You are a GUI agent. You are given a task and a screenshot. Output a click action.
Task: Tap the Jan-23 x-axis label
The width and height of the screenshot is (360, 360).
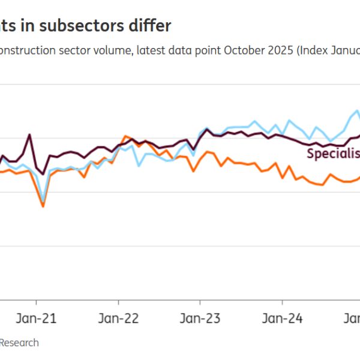coord(200,317)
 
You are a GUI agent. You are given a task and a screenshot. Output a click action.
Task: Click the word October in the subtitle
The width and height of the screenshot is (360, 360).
coord(243,50)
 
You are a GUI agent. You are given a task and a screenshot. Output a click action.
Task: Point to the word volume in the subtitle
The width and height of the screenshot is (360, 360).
coord(113,50)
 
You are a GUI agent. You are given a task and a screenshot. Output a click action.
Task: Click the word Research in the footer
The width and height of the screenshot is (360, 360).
coord(19,343)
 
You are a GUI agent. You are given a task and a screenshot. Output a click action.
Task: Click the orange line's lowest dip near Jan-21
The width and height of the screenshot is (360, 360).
coord(43,206)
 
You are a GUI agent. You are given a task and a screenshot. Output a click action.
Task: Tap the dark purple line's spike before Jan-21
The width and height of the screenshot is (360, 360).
coord(29,135)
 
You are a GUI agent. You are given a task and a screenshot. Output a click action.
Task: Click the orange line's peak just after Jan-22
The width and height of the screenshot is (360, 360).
coord(125,136)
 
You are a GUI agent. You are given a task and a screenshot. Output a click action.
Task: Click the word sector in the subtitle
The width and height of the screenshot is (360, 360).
coord(79,50)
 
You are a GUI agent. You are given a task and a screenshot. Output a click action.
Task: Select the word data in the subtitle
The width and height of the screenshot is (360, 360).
coord(183,50)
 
